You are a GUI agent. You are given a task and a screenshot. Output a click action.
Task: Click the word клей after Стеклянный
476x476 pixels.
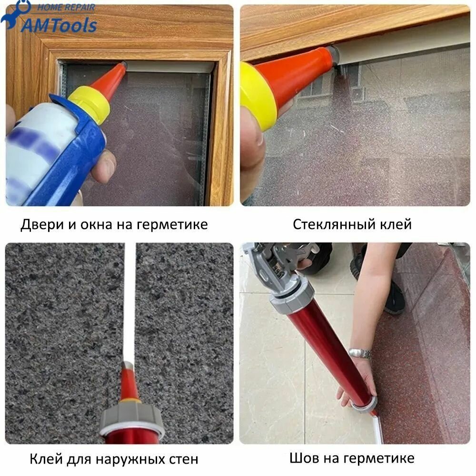point(396,224)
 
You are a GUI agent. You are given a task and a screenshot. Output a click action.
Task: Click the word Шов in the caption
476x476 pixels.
point(304,458)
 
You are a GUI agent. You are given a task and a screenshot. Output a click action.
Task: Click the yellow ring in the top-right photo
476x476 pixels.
point(258,95)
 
